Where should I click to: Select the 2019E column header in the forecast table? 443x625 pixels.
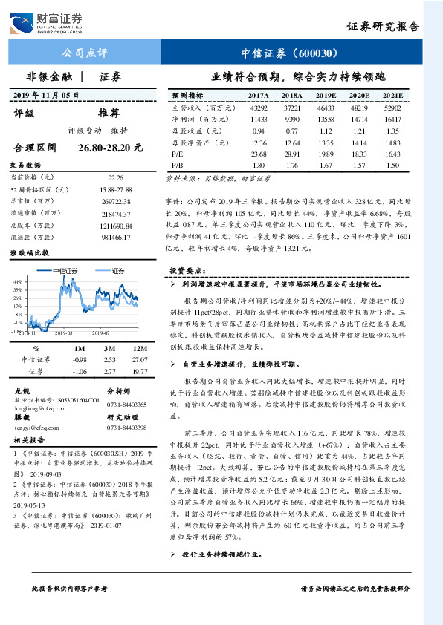pyautogui.click(x=326, y=96)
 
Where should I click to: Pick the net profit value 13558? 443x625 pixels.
pyautogui.click(x=326, y=119)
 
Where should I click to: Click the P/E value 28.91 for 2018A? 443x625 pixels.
pyautogui.click(x=292, y=152)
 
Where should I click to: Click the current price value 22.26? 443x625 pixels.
pyautogui.click(x=116, y=178)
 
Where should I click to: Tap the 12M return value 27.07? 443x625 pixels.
pyautogui.click(x=140, y=359)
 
